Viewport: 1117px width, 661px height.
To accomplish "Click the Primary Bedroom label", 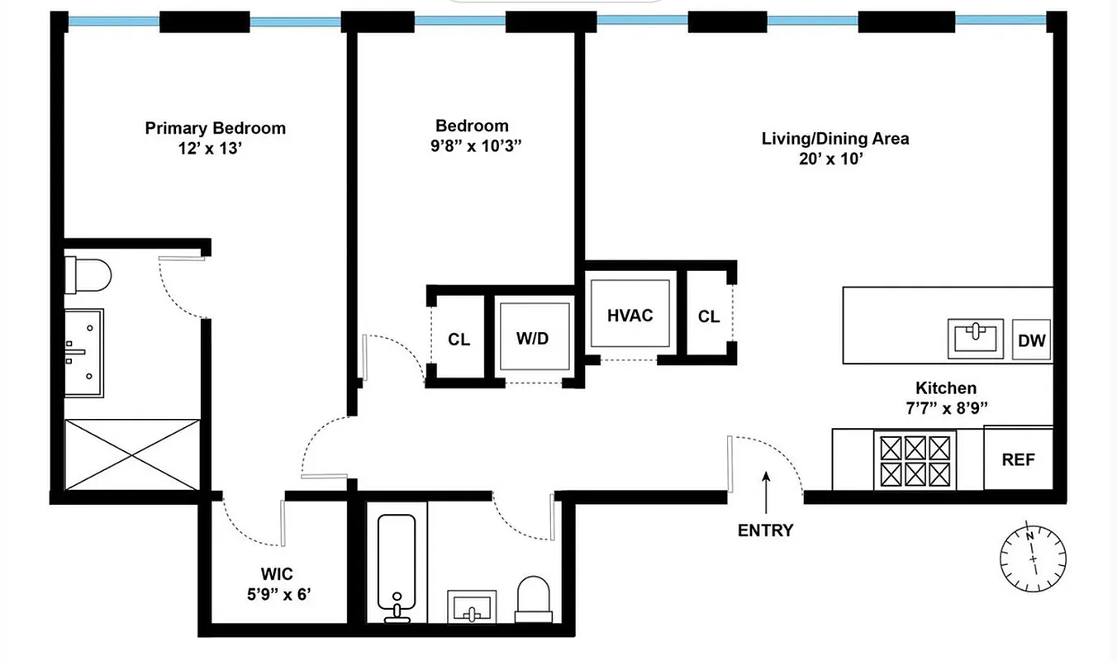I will [215, 128].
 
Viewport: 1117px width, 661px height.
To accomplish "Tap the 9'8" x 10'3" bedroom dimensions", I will [472, 146].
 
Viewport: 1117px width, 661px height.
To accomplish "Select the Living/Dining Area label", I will [834, 138].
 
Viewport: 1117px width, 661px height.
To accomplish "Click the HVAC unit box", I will [630, 315].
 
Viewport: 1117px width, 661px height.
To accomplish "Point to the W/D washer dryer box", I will [533, 339].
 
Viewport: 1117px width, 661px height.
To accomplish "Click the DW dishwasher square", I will [1031, 340].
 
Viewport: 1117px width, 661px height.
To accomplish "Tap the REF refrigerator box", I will [1018, 459].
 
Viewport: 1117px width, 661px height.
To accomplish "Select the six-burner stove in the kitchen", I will [915, 461].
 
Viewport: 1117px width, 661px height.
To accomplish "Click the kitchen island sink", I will [976, 339].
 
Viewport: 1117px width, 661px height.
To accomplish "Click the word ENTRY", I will [765, 530].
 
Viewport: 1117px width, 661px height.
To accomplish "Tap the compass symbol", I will [1033, 557].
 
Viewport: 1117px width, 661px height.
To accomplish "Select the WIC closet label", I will [277, 573].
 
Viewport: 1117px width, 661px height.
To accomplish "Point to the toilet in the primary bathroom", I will [88, 275].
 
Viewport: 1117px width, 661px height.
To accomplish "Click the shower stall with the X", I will [131, 454].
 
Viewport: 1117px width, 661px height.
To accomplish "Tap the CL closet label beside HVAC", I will [708, 316].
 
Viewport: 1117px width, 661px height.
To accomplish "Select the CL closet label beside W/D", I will [459, 340].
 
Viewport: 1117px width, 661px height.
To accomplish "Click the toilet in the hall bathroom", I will [533, 598].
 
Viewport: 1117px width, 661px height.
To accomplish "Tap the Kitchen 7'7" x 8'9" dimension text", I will [945, 407].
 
